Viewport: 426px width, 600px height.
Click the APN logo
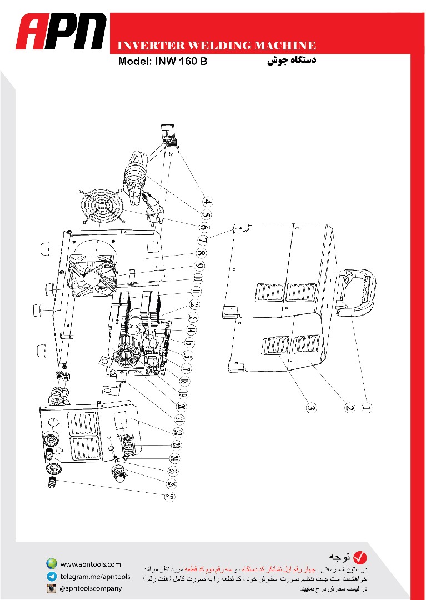tap(61, 32)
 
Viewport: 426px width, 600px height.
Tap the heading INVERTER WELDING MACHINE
tap(217, 46)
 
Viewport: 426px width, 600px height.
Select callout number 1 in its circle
tap(367, 408)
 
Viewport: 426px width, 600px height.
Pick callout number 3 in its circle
tap(312, 408)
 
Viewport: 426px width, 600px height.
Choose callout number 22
tap(177, 433)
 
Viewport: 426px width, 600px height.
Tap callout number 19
tap(183, 394)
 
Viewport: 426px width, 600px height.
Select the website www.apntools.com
tap(91, 564)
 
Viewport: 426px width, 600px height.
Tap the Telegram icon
tap(52, 576)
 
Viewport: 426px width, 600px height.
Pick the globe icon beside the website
tap(52, 564)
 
